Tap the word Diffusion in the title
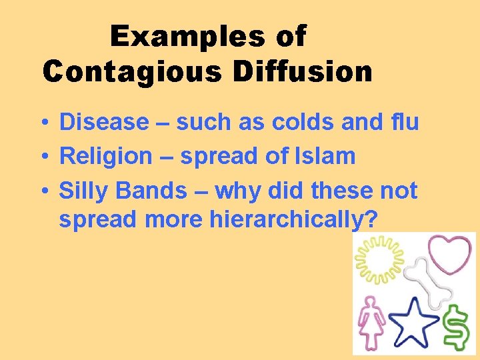(x=303, y=71)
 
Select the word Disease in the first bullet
(x=104, y=122)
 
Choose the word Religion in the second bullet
(x=106, y=157)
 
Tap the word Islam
(x=327, y=157)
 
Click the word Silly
(x=85, y=191)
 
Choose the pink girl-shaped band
(x=371, y=319)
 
